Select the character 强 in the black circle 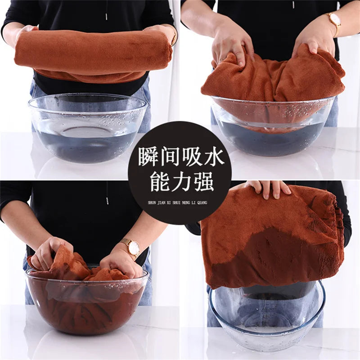tap(202, 182)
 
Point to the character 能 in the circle tap(158, 182)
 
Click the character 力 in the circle tap(180, 182)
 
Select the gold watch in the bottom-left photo tap(132, 247)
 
